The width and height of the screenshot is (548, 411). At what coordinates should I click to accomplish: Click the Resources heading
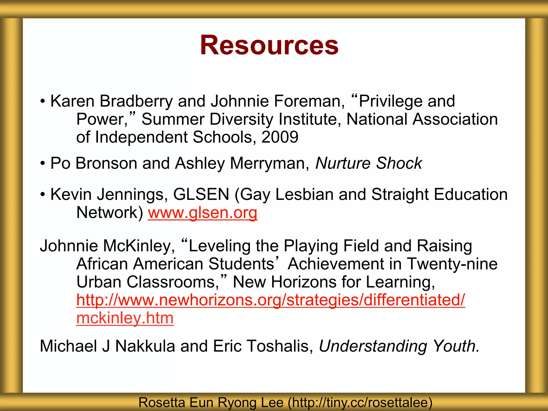269,45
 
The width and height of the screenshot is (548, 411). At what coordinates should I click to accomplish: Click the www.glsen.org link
203,213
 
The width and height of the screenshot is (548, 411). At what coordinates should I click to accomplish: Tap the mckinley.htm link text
125,318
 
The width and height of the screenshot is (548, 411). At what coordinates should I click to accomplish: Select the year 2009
280,137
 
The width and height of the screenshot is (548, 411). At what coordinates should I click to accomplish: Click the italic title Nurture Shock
368,163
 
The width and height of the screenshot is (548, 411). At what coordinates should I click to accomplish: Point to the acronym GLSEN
201,194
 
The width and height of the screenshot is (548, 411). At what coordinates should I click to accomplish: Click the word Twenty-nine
452,264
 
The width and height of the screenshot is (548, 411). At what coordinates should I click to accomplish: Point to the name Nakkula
145,346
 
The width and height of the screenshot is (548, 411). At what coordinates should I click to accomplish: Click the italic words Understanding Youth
399,346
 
